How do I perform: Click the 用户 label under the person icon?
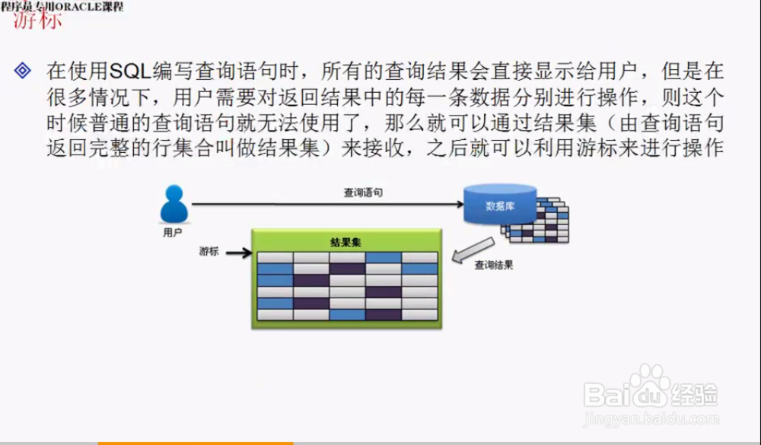click(174, 233)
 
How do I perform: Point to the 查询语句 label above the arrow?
click(362, 193)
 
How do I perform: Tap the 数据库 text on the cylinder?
click(500, 206)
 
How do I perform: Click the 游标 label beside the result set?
click(209, 251)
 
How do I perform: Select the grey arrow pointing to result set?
click(470, 250)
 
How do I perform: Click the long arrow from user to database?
click(327, 204)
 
